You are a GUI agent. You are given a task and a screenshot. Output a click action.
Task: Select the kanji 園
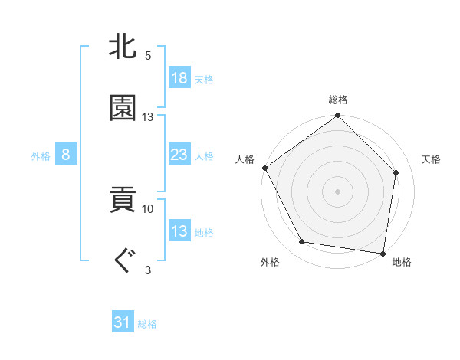(123, 108)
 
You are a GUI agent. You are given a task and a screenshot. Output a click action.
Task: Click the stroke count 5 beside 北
(148, 56)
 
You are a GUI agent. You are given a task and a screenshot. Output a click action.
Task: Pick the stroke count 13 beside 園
(148, 117)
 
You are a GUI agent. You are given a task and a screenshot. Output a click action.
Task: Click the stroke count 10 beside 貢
(148, 208)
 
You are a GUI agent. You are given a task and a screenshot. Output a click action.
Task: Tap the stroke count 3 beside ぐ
(148, 269)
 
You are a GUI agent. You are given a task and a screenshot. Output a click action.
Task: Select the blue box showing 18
(179, 78)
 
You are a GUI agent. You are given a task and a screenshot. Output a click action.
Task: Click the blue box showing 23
(179, 155)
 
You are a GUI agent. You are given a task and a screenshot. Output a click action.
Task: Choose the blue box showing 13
(179, 231)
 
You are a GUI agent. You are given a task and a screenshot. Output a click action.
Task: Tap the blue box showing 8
(66, 155)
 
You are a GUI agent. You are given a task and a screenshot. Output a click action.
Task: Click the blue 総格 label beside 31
(147, 324)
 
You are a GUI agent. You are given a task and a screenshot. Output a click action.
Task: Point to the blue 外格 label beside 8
(41, 156)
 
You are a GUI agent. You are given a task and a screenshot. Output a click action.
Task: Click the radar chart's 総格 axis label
(338, 100)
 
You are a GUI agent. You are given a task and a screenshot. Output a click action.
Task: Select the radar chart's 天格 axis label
(432, 159)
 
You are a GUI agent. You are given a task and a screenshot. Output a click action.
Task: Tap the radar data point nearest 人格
(265, 168)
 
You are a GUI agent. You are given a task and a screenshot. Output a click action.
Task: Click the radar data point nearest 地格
(383, 253)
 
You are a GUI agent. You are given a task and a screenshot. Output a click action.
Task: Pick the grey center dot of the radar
(338, 191)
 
